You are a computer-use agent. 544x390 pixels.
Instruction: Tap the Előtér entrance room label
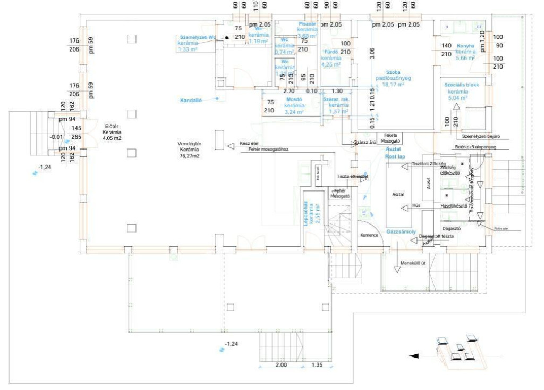click(112, 126)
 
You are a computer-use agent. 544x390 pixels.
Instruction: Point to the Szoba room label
click(393, 72)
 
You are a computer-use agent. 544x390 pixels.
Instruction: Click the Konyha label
click(465, 46)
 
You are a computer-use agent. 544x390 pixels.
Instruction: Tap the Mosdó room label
click(293, 99)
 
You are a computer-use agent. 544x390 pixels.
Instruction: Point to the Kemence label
click(369, 235)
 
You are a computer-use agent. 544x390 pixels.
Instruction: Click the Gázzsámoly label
click(401, 232)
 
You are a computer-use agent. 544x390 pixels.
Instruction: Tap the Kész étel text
click(249, 143)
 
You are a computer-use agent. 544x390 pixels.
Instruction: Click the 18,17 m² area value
click(394, 84)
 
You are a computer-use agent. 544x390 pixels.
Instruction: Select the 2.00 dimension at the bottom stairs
click(281, 365)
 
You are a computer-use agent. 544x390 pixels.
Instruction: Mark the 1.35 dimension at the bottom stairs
click(317, 365)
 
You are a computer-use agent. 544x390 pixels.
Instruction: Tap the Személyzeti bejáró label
click(478, 136)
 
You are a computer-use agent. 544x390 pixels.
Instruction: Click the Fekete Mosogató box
click(390, 138)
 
